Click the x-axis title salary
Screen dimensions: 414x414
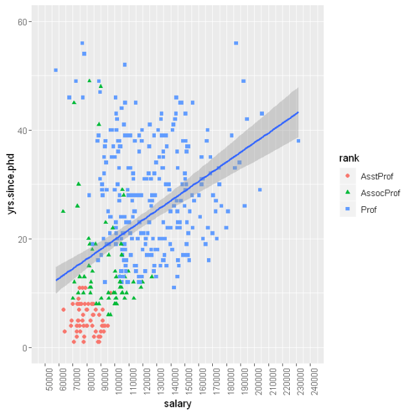pos(177,404)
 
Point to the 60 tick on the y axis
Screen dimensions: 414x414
pos(29,21)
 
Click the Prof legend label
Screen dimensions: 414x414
pos(369,209)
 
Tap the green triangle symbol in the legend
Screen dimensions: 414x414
pos(348,192)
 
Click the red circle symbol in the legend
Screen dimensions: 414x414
pos(348,175)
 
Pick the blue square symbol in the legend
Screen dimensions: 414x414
pos(348,209)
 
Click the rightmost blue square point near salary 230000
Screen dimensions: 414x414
pos(298,140)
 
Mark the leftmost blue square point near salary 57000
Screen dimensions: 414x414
pos(56,70)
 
